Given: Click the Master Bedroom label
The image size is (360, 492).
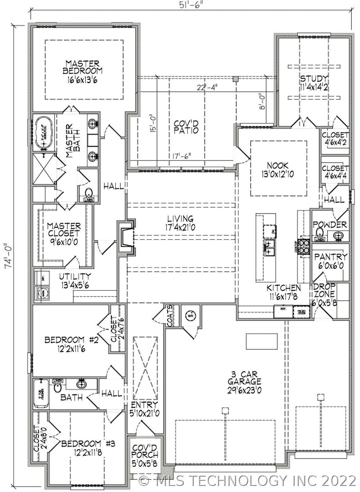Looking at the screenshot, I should (x=84, y=71).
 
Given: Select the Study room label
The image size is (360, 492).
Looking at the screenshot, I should (x=314, y=82).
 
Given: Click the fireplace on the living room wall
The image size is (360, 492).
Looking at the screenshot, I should (x=125, y=238).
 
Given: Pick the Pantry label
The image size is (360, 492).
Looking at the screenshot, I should (x=331, y=261).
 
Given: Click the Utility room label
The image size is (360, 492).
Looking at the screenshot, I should (x=76, y=280).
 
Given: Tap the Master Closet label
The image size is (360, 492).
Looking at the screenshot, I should (x=64, y=230).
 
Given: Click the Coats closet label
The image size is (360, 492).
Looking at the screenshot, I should (x=169, y=316).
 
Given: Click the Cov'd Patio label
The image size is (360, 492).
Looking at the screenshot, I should (x=186, y=127).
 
